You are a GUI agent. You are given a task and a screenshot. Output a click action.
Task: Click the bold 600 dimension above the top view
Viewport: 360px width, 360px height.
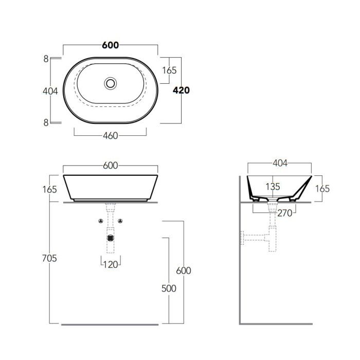111,45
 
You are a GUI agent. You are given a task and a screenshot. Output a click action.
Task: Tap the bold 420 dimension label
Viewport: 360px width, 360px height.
181,90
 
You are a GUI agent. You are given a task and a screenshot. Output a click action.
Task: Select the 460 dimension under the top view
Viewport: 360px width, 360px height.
111,136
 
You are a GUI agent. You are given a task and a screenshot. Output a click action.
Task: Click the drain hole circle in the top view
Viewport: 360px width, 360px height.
110,83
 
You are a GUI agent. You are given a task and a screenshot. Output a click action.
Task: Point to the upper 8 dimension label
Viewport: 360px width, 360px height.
46,59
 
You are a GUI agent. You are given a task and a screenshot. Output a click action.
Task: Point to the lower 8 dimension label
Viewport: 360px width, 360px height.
46,123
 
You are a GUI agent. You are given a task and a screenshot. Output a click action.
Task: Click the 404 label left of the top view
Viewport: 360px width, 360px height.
50,91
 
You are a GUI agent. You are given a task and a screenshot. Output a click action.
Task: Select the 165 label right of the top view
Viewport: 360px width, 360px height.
169,70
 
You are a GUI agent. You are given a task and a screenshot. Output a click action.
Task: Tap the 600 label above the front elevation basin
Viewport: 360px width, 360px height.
111,165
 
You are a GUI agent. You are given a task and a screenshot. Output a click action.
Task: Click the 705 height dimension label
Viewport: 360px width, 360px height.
49,258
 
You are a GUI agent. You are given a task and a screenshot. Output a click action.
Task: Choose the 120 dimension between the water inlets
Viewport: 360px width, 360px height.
111,265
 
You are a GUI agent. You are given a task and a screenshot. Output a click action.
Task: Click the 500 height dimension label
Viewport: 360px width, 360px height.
169,289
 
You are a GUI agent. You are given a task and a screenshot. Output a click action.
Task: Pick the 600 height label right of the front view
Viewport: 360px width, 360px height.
184,271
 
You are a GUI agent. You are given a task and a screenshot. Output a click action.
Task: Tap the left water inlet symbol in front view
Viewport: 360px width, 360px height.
101,221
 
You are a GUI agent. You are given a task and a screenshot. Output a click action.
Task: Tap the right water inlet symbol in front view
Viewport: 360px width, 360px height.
120,221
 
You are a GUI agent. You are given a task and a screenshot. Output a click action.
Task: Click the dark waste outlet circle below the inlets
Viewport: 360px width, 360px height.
111,238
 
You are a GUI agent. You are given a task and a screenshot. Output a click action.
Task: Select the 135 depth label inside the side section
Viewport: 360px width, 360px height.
273,187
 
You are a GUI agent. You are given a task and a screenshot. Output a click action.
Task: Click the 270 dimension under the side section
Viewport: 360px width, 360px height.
285,213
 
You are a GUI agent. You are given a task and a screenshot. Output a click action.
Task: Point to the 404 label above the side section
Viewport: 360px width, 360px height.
280,163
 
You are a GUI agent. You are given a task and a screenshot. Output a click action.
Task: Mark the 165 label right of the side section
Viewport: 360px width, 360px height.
322,189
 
